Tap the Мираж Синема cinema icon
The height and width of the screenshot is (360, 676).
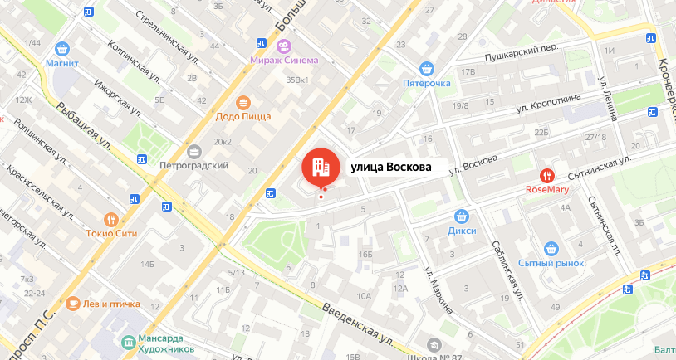[x=284, y=46]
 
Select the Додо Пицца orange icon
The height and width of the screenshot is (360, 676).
[x=243, y=103]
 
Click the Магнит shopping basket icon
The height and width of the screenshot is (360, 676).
[x=62, y=49]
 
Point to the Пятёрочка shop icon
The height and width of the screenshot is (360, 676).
[x=427, y=69]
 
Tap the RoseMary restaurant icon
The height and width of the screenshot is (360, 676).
[x=547, y=175]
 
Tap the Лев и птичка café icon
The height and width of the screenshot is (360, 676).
[x=73, y=303]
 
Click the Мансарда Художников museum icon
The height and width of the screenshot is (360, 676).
[x=127, y=342]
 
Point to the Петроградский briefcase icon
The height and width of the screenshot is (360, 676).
[x=194, y=151]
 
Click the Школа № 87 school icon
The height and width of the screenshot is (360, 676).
[x=433, y=345]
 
